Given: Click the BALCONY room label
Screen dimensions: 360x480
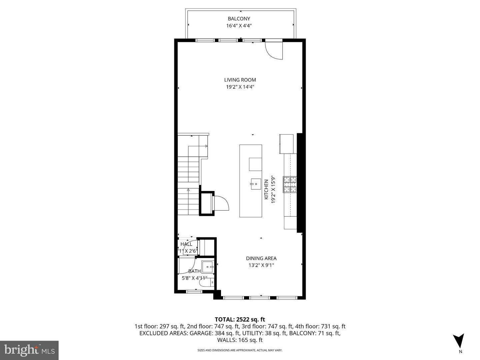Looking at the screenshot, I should pos(239,19).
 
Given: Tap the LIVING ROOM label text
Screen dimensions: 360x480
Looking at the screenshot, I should pos(240,80).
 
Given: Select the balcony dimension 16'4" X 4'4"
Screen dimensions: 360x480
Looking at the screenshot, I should pos(239,26).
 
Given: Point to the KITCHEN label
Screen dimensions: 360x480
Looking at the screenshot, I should pos(266,190).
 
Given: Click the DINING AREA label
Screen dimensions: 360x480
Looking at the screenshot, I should pos(261,258).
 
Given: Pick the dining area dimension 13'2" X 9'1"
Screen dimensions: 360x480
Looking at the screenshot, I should pos(261,265).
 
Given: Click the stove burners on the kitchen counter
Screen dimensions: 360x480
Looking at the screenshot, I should pos(290,184).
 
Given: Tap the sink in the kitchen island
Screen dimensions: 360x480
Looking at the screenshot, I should pos(256,183).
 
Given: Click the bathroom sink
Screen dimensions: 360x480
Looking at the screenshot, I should pos(209,267).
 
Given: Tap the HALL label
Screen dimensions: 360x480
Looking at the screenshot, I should pos(186,244).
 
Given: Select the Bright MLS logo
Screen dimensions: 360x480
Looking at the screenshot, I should pos(29,350).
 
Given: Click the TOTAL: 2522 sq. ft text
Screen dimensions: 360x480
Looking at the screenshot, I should pos(240,320).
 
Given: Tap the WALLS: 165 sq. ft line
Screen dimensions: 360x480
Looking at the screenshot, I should pos(240,340).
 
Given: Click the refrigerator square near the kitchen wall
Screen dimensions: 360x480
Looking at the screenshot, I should pos(286,144).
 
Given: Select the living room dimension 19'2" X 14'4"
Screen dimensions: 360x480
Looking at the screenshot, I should pos(240,87).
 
